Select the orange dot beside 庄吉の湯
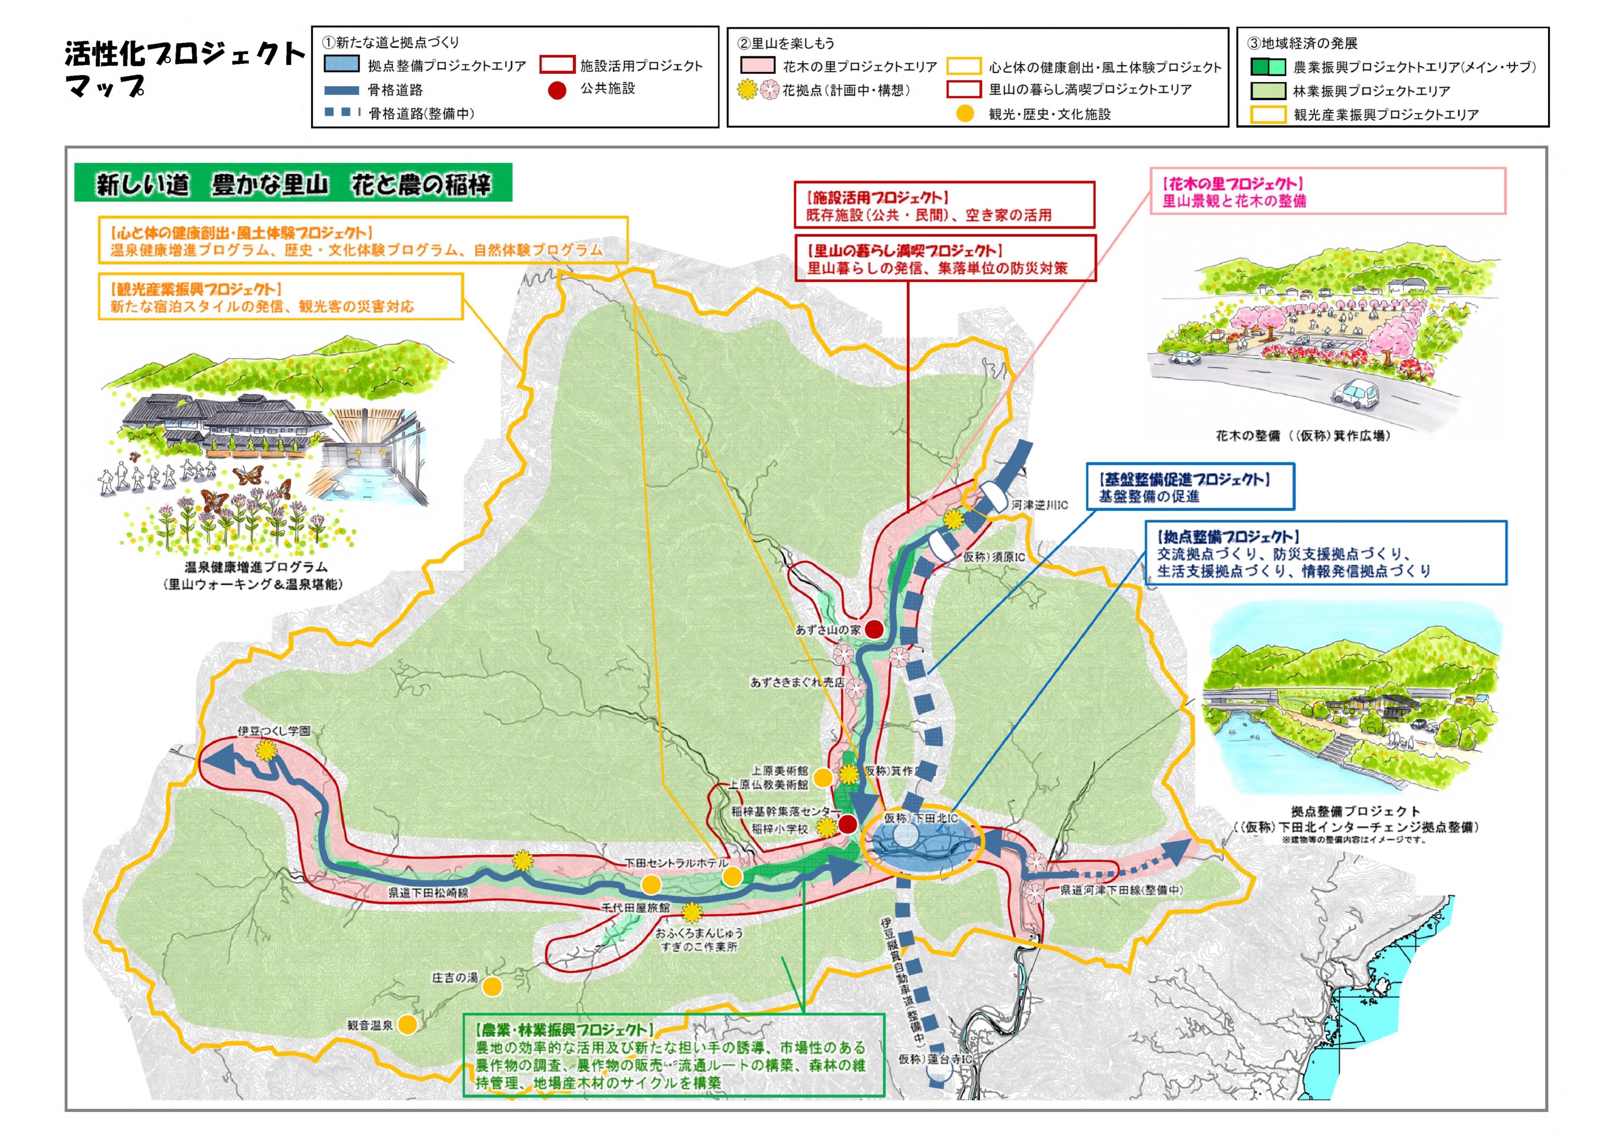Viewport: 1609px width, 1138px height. pos(493,987)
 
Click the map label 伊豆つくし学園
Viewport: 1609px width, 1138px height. pos(273,731)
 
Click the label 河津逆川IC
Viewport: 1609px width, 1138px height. pos(1039,505)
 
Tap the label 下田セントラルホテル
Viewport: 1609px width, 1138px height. pos(676,863)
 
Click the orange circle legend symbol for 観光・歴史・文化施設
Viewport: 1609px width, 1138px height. pos(965,113)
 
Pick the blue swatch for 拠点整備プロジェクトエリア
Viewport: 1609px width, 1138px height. pos(342,65)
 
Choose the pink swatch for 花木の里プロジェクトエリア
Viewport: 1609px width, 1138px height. pos(758,66)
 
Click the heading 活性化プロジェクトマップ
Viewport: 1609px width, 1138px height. pos(183,69)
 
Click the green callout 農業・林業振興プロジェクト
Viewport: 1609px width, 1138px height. pos(673,1055)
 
